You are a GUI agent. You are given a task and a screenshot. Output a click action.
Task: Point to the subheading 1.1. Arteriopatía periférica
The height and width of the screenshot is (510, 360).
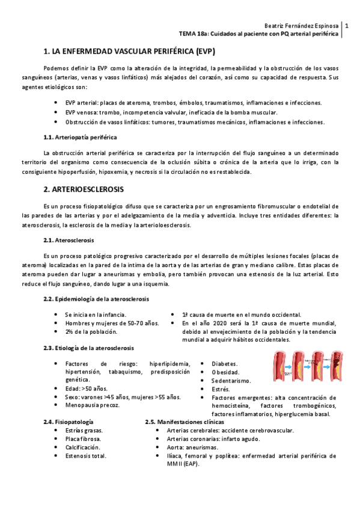click(x=81, y=137)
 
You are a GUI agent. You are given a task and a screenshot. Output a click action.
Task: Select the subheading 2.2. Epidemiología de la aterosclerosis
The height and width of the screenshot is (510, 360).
click(x=96, y=299)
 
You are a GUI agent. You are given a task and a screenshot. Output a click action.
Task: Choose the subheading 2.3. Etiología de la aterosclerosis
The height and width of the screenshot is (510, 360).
click(x=88, y=348)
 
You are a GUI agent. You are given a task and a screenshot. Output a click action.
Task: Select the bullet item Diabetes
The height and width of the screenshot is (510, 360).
click(x=224, y=364)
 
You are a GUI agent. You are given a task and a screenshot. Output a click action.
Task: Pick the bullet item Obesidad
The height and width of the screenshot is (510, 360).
click(x=225, y=372)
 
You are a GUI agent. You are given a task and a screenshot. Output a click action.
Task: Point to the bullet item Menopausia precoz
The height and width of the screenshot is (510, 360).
click(x=92, y=405)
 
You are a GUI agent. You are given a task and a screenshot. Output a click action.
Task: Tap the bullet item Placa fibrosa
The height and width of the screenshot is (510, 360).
click(x=83, y=438)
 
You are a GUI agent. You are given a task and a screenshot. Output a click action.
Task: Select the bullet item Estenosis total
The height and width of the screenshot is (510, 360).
click(x=86, y=455)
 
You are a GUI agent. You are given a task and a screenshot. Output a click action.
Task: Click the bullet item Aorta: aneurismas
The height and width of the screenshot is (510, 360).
click(x=192, y=447)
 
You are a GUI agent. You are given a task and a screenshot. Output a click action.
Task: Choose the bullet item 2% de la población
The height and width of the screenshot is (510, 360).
click(x=91, y=331)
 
